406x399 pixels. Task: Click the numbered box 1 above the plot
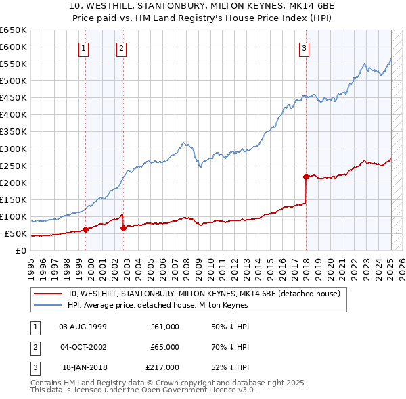(83, 47)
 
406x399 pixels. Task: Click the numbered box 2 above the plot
(121, 47)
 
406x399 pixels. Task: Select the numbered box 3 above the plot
(304, 47)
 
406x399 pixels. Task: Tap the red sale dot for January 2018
(306, 177)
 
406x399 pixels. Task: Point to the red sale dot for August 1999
(85, 229)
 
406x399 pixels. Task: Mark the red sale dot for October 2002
(123, 228)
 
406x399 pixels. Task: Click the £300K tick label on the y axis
(13, 149)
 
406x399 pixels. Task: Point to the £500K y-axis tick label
(13, 81)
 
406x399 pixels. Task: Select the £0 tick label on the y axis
(20, 251)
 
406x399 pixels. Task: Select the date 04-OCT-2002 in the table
(83, 347)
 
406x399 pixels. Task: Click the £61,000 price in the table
(164, 327)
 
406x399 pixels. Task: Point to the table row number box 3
(33, 367)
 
